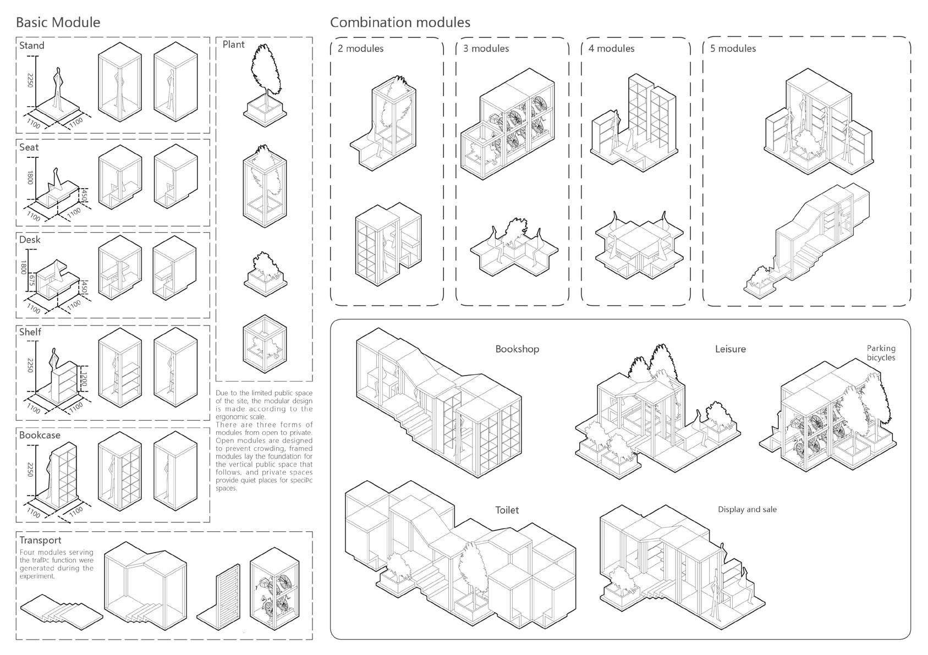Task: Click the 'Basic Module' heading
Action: tap(58, 23)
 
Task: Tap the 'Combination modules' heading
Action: tap(400, 23)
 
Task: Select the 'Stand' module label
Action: tap(32, 46)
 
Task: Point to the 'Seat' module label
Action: tap(29, 147)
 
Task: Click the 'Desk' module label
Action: tap(30, 240)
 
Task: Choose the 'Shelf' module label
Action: tap(30, 332)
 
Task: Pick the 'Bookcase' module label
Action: tap(40, 435)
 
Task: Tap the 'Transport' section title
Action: tap(40, 541)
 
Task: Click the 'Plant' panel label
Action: tap(234, 45)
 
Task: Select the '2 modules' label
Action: tap(360, 48)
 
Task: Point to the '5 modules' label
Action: tap(733, 48)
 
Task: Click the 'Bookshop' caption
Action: tap(517, 349)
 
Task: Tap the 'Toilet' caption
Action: tap(507, 510)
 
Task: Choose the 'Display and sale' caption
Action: tap(747, 510)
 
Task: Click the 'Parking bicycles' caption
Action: tap(881, 353)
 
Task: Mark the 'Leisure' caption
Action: tap(731, 349)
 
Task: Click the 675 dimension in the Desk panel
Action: tap(32, 279)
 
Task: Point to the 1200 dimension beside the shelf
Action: tap(84, 379)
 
